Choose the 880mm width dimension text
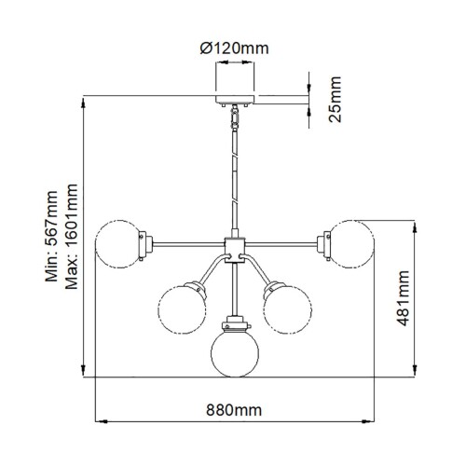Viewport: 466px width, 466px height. tap(234, 409)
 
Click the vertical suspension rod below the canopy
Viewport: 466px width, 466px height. tap(233, 177)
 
